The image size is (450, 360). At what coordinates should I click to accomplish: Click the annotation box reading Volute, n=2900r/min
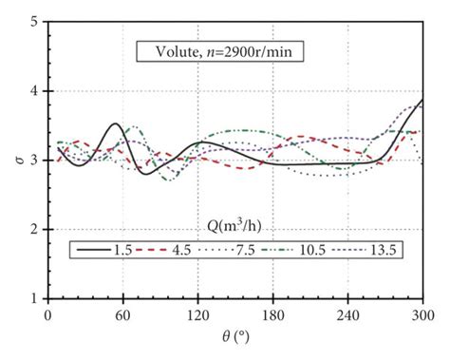[219, 53]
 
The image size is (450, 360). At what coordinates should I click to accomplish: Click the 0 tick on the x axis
[47, 314]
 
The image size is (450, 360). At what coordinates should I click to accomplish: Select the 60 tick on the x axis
[122, 314]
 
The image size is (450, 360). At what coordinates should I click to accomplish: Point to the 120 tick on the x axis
[197, 314]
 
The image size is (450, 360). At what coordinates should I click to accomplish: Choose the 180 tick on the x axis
[272, 314]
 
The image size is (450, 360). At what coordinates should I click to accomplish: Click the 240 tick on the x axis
[347, 314]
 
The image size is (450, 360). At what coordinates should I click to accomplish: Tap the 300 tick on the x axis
[422, 314]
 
